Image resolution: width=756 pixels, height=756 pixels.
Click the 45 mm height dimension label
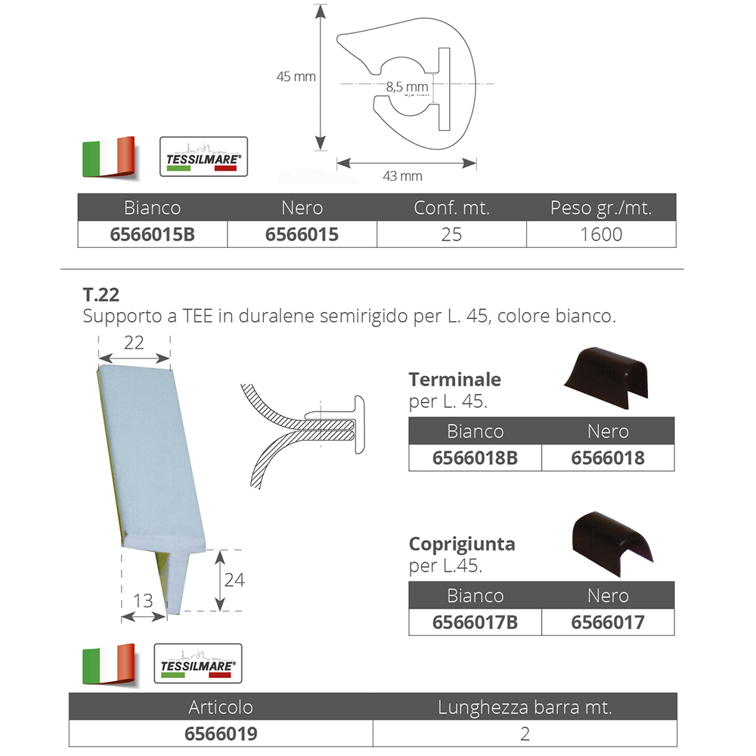click(296, 76)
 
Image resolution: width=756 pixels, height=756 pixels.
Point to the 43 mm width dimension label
click(403, 176)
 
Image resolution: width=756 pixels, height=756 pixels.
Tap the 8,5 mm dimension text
click(407, 87)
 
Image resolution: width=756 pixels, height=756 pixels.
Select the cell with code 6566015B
click(153, 234)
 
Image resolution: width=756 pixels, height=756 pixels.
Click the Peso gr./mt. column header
click(601, 208)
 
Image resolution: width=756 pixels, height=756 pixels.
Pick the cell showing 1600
click(601, 234)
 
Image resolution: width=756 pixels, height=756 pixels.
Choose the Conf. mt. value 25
click(452, 234)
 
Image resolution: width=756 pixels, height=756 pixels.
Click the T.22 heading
click(101, 295)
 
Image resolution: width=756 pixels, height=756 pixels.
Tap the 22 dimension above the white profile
click(134, 342)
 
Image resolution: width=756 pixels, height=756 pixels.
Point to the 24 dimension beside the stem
click(234, 580)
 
